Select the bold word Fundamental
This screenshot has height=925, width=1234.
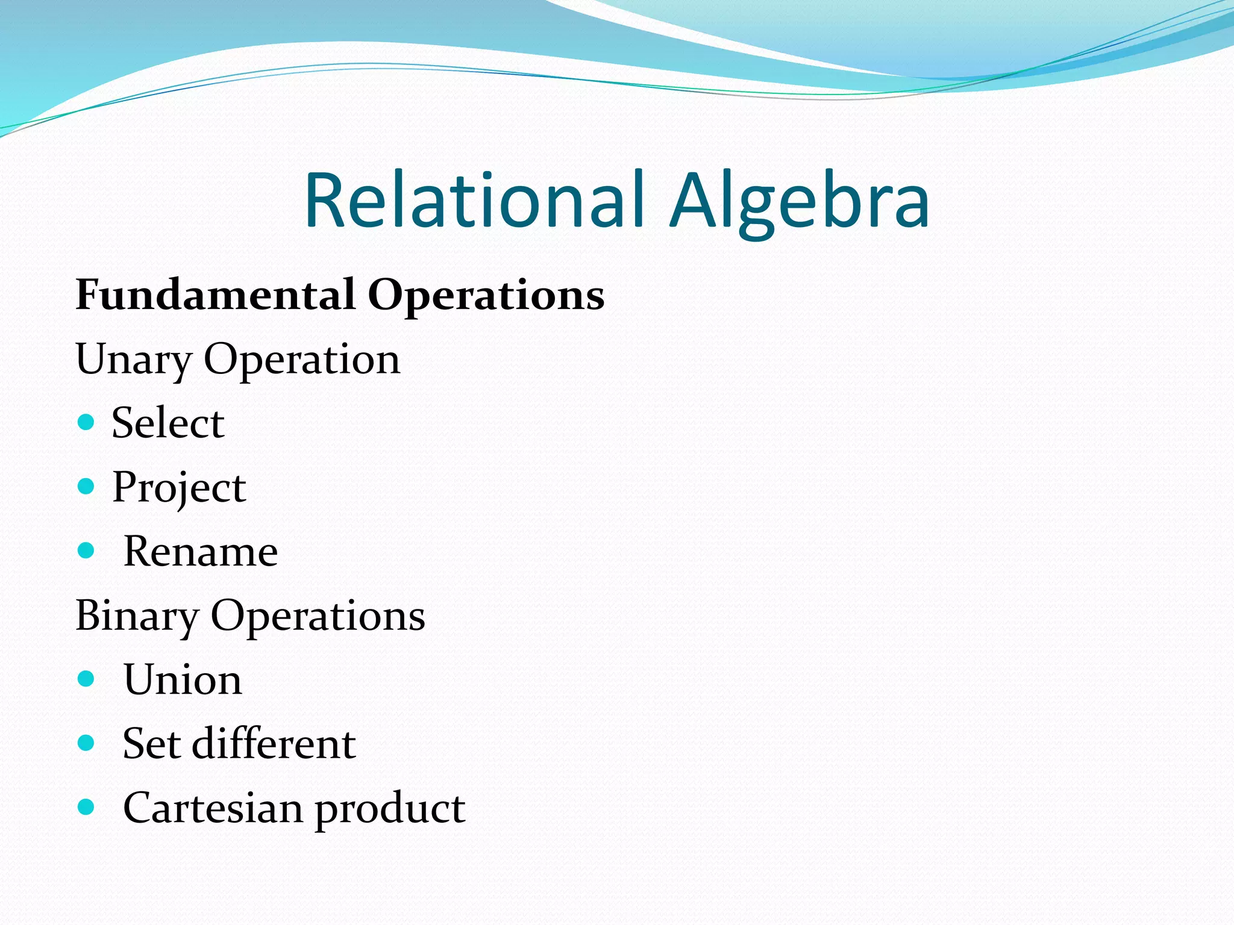click(215, 295)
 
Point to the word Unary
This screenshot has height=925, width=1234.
click(133, 360)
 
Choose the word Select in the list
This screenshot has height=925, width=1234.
click(168, 423)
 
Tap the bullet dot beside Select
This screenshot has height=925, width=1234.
click(87, 422)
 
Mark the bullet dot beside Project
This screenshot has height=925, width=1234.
click(87, 486)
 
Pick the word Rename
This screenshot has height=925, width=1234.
click(201, 551)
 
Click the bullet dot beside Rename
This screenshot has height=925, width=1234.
click(87, 550)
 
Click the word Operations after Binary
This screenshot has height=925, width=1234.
click(318, 617)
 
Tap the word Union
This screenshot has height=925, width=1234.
click(183, 680)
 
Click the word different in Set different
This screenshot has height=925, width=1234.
click(274, 744)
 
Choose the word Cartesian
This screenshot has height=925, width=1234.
click(213, 808)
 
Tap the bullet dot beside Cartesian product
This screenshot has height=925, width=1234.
click(87, 807)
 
